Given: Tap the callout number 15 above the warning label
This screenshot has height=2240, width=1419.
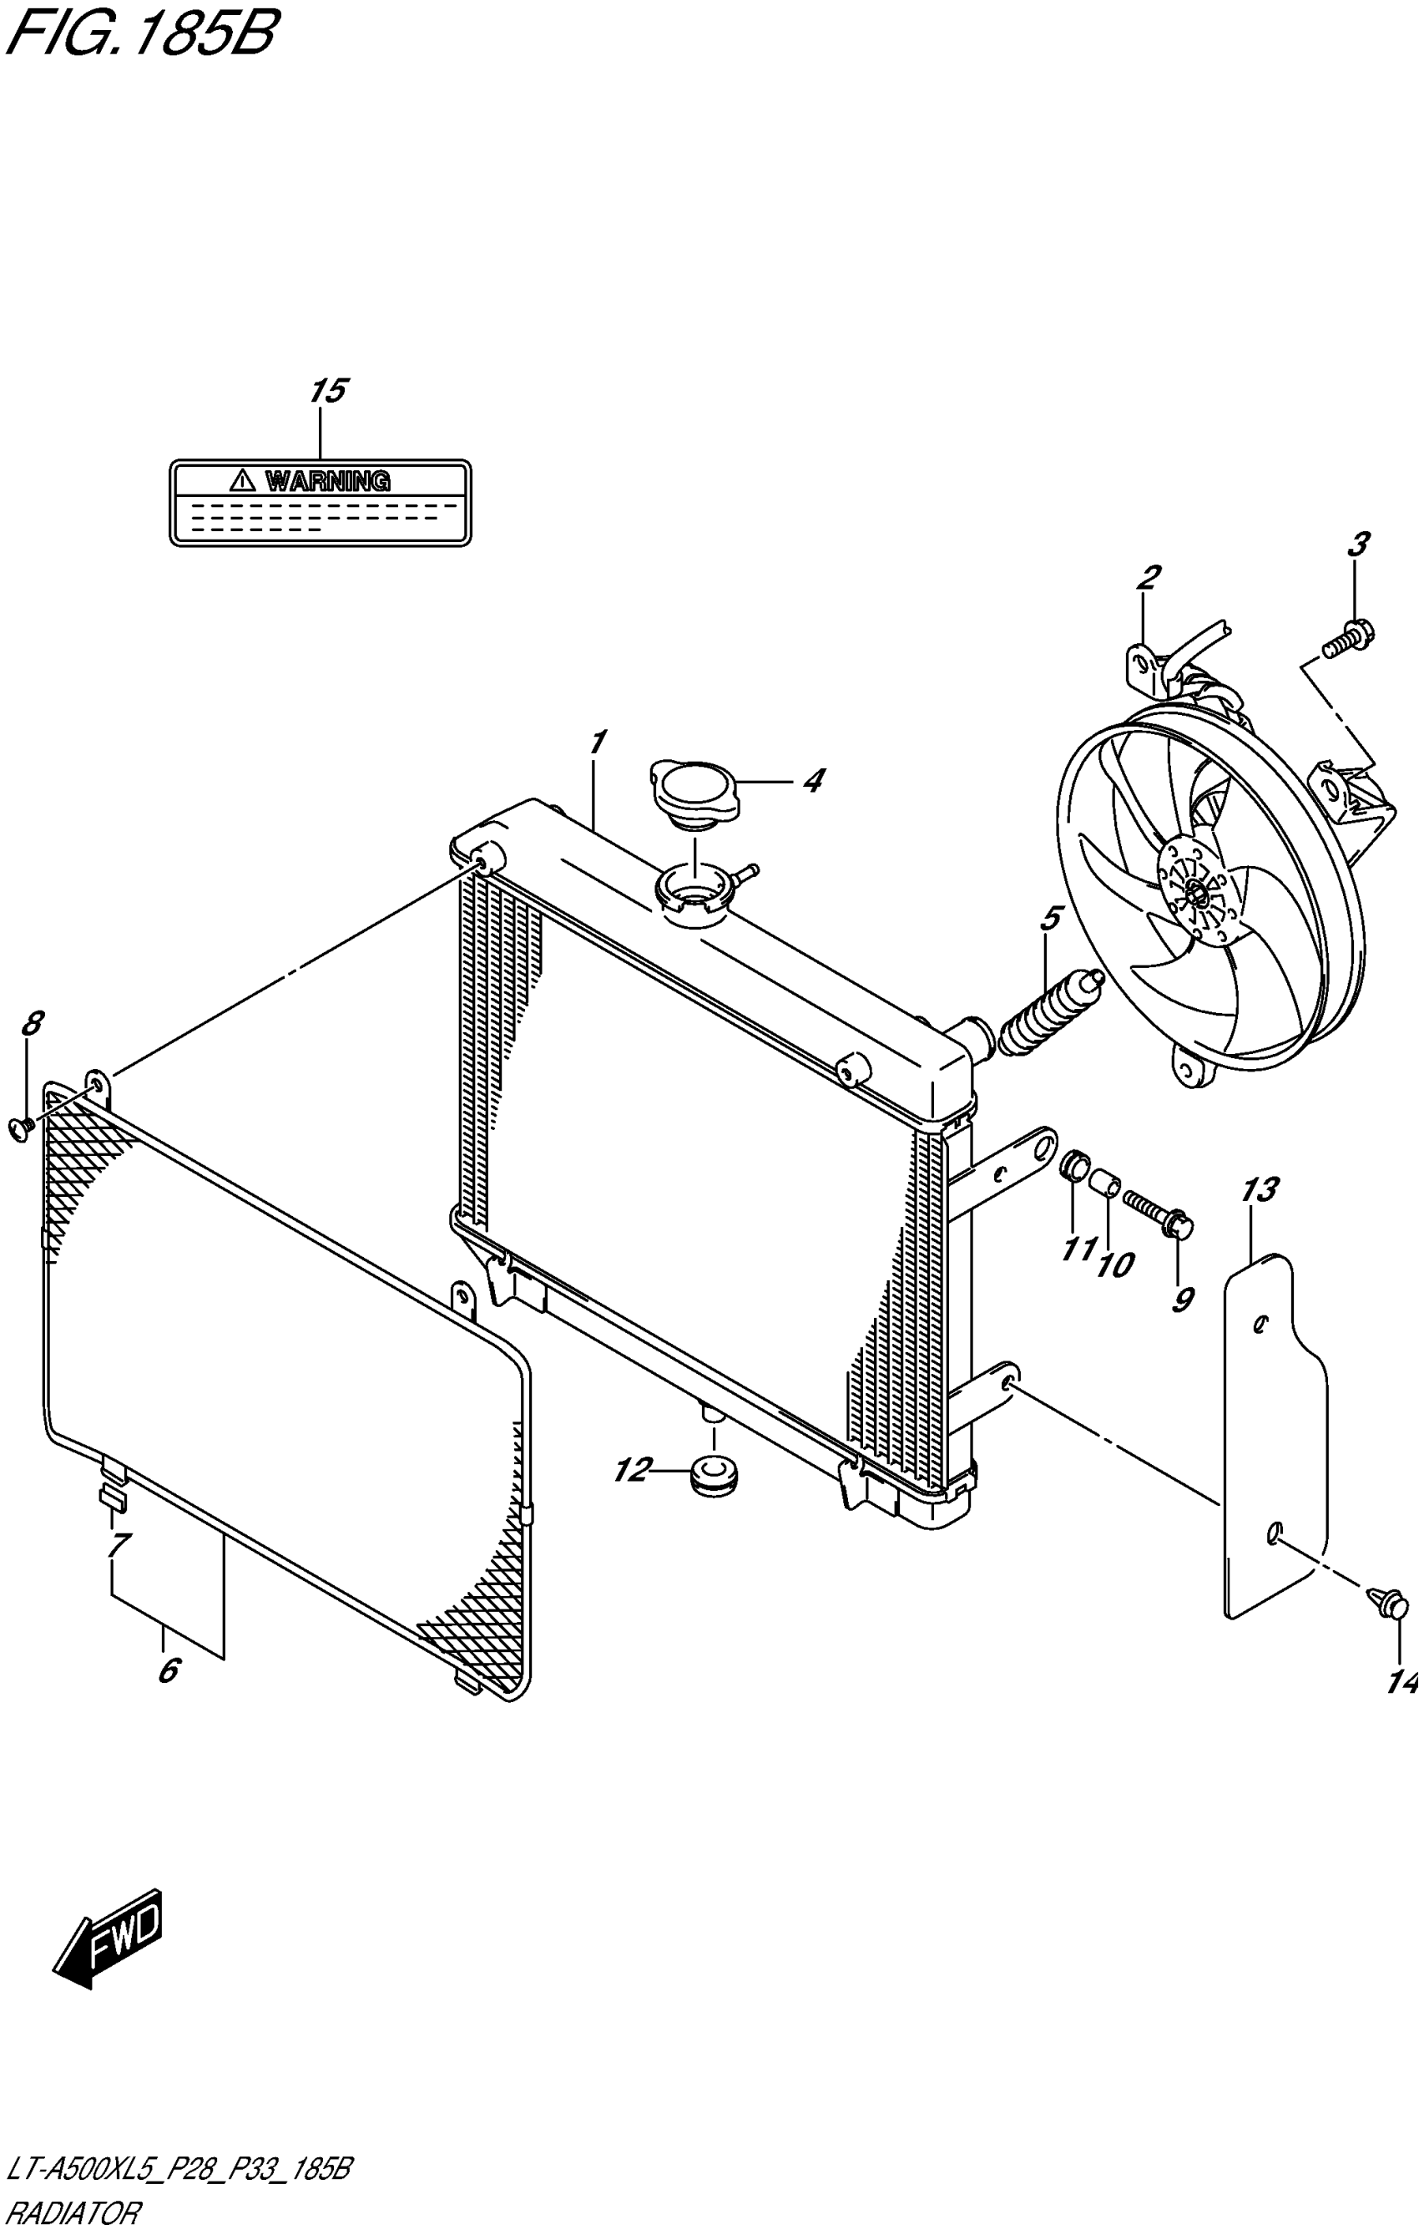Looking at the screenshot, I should coord(328,391).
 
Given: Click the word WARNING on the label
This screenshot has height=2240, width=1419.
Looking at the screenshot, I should coord(327,481).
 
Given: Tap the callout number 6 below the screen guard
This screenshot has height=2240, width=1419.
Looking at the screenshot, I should coord(169,1671).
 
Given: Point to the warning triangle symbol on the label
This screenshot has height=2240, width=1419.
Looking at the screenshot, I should coord(242,481).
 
